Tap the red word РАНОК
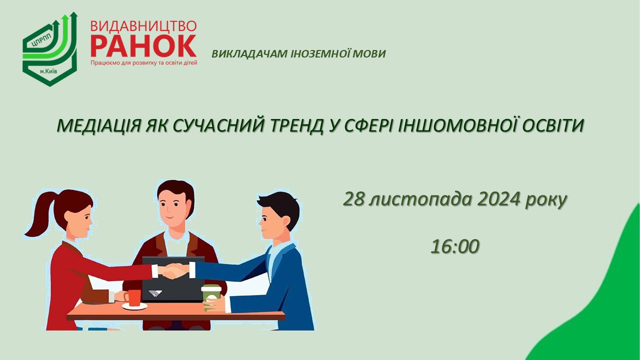143,45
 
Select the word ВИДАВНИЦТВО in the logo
143,25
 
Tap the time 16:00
455,246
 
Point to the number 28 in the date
354,199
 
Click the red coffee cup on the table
133,298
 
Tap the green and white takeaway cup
211,297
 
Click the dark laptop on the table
172,280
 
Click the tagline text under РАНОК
144,63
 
